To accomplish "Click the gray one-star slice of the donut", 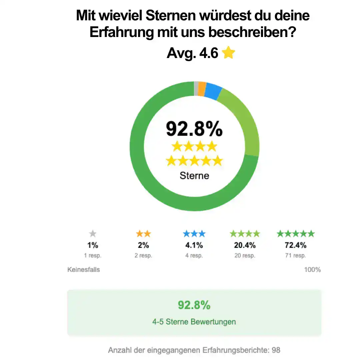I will pyautogui.click(x=196, y=88).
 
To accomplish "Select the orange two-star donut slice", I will pyautogui.click(x=201, y=89).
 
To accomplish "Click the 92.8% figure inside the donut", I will pyautogui.click(x=194, y=129).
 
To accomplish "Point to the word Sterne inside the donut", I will pyautogui.click(x=194, y=175).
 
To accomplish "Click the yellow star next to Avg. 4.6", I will pyautogui.click(x=228, y=53).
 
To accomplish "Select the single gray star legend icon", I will pyautogui.click(x=93, y=234).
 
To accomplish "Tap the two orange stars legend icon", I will pyautogui.click(x=143, y=234).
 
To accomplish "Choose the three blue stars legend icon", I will pyautogui.click(x=194, y=234).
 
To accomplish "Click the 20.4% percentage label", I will pyautogui.click(x=245, y=245).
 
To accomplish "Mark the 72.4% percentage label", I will pyautogui.click(x=295, y=245).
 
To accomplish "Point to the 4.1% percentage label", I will pyautogui.click(x=194, y=245).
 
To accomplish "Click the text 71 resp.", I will pyautogui.click(x=295, y=256).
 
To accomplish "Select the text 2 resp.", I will pyautogui.click(x=143, y=256).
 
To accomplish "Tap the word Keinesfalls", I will pyautogui.click(x=84, y=269).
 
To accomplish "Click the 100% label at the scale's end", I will pyautogui.click(x=312, y=269).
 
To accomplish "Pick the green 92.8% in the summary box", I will pyautogui.click(x=194, y=305).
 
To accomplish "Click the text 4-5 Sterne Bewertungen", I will pyautogui.click(x=194, y=322).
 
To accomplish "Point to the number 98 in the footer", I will pyautogui.click(x=276, y=350).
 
